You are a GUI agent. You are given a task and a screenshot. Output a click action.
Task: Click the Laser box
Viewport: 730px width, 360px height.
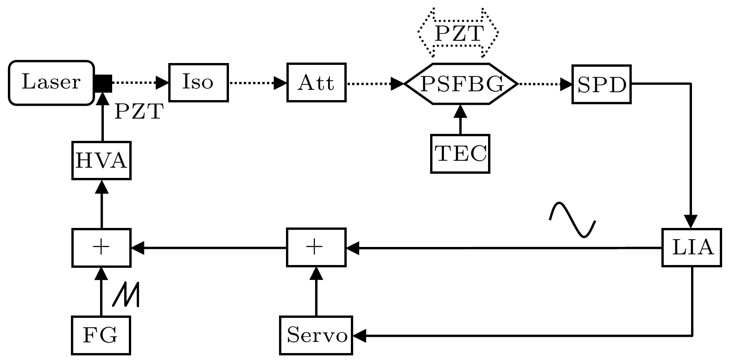tap(51, 82)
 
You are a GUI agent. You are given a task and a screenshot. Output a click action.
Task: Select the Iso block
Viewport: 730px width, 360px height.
tap(198, 82)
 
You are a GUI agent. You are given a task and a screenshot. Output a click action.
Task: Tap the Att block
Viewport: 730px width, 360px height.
tap(317, 82)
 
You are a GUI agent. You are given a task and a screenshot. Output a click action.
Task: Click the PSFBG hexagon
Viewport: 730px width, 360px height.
tap(461, 84)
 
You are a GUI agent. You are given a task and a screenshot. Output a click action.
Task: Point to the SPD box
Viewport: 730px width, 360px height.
tap(602, 84)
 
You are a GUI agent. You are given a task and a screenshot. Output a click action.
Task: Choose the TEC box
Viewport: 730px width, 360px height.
tap(460, 154)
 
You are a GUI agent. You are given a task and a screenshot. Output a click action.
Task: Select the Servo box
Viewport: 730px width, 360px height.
tap(316, 335)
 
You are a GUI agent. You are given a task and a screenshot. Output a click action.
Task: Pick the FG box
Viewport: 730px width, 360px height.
tap(101, 335)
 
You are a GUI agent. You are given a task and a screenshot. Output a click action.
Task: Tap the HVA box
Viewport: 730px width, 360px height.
tap(101, 161)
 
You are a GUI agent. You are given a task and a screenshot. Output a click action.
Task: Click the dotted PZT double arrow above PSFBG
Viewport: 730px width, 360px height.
tap(458, 32)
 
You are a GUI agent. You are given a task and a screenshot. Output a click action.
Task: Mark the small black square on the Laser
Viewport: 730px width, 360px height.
tap(103, 83)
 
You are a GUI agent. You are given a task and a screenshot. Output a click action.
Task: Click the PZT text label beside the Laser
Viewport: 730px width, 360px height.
tap(138, 112)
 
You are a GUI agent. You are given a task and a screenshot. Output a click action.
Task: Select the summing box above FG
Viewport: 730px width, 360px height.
tap(101, 248)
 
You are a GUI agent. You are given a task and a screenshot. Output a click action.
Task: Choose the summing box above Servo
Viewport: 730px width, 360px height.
tap(316, 248)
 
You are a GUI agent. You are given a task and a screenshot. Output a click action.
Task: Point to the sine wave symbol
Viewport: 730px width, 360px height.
tap(572, 219)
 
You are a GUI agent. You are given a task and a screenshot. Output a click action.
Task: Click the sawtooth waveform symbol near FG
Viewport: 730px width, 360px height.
tap(126, 295)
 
